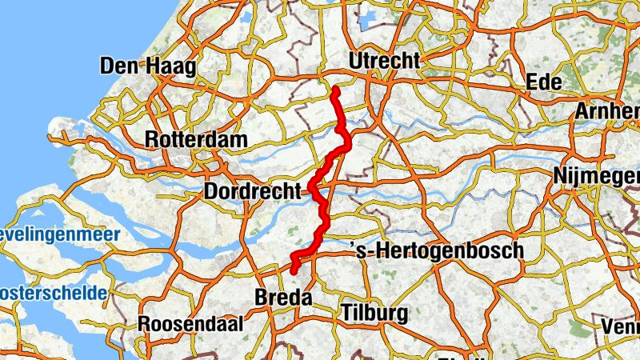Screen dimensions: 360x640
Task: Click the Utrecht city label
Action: tap(384, 62)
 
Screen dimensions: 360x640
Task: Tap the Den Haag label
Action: tap(148, 67)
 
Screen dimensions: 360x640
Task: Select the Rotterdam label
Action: tap(196, 139)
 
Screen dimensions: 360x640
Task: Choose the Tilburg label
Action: tap(374, 312)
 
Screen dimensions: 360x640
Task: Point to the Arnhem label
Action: tap(608, 111)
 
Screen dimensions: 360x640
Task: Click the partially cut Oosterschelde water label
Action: tap(53, 293)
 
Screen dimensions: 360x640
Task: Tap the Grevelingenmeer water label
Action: tap(60, 234)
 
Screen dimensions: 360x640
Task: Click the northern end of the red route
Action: tap(335, 90)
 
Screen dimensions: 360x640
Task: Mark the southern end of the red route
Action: tap(294, 271)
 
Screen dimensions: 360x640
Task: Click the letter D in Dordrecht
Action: tap(212, 192)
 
